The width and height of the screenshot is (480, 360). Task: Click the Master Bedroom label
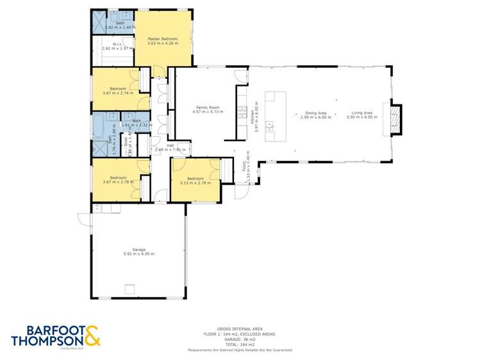[162, 38]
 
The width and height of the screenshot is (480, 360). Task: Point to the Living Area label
[362, 113]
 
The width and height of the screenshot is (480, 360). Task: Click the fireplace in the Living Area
[397, 120]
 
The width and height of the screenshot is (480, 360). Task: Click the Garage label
[139, 249]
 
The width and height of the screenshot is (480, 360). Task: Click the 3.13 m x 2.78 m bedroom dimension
[195, 183]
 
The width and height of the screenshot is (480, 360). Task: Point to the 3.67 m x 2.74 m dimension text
[117, 93]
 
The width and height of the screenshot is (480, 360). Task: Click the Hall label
[170, 145]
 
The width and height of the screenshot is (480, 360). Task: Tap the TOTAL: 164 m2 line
[240, 345]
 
